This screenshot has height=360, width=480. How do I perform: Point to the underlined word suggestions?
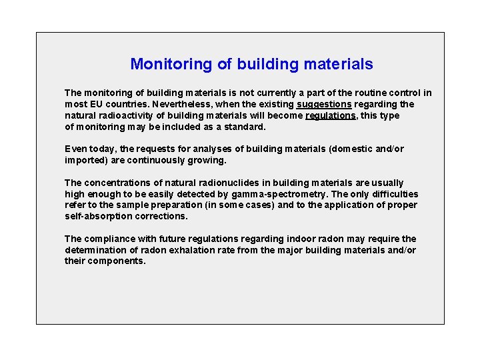coord(324,105)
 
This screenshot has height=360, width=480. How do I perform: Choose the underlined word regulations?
coord(331,116)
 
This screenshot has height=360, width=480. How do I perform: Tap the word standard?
coord(244,127)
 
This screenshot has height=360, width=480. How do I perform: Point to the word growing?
coord(207,161)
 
